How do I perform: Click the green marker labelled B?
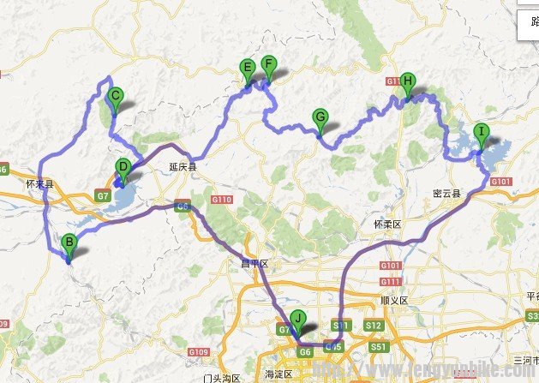point(69,243)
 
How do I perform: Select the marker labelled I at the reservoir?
point(481,134)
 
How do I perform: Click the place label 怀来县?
point(39,184)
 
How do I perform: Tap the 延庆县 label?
point(183,168)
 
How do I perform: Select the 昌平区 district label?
point(254,264)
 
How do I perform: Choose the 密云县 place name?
point(447,194)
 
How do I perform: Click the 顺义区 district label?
point(394,301)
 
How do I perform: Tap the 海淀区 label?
point(279,374)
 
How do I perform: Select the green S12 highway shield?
point(373,326)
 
